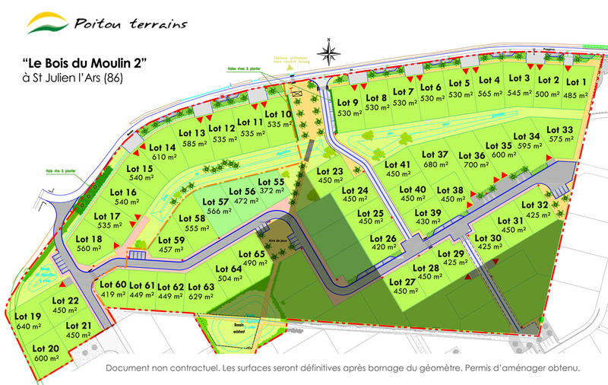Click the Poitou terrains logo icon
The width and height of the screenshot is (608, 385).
point(47,23)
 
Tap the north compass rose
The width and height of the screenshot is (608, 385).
point(329,53)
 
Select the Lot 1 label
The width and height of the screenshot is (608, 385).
point(575,82)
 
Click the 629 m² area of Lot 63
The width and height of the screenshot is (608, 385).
point(201,297)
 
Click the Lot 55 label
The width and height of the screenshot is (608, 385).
point(271,182)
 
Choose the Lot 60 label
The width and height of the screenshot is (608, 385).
point(112,285)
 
